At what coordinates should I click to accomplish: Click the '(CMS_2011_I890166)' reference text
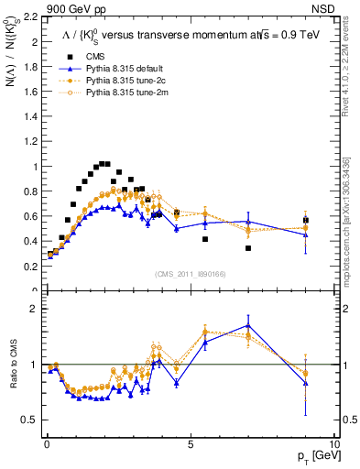(190, 273)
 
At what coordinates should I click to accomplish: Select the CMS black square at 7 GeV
(247, 248)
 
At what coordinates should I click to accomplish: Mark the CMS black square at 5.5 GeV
(205, 239)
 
